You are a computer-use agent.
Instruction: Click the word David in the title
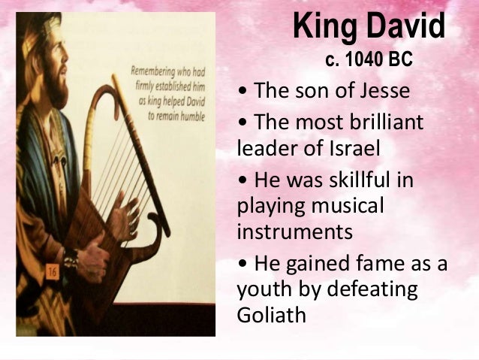[x=406, y=28]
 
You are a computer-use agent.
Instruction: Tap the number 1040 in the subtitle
[x=363, y=59]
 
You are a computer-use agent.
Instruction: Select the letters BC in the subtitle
[x=400, y=59]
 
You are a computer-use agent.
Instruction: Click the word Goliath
[x=272, y=314]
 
